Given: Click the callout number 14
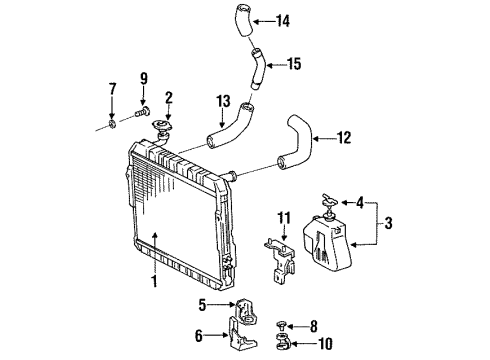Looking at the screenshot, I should [x=282, y=19].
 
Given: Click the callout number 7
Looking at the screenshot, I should [x=112, y=93].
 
